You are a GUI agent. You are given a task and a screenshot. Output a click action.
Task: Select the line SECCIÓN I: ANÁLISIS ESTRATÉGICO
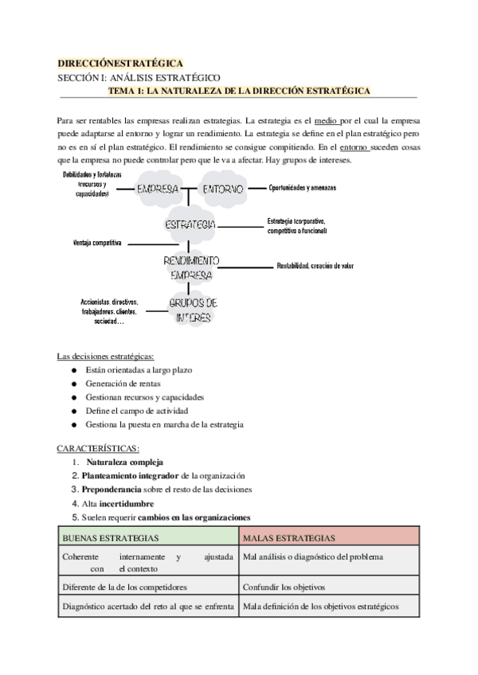139,77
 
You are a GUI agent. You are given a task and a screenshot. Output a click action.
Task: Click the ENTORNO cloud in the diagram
215,189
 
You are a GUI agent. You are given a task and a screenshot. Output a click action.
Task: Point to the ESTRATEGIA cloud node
189,226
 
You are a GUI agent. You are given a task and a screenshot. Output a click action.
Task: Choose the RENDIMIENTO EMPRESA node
191,267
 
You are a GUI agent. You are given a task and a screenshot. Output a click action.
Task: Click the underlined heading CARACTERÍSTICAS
99,448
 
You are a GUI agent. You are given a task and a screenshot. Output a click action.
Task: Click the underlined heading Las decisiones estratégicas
106,356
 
